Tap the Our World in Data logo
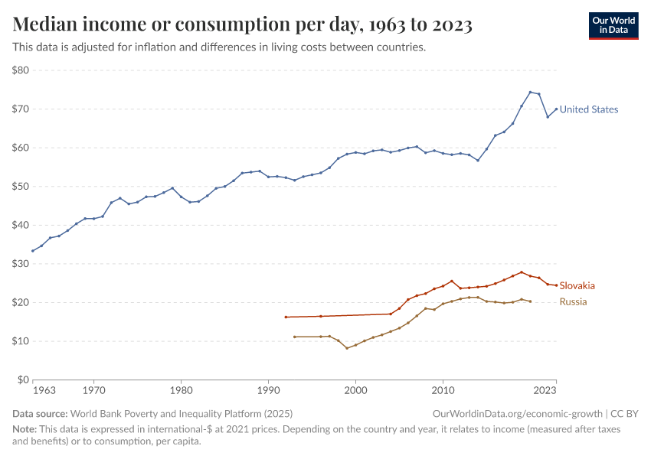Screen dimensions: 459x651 pos(613,25)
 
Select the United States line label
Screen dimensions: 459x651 pos(588,109)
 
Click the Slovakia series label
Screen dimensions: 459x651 pos(577,285)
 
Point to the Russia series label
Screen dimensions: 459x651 pos(573,301)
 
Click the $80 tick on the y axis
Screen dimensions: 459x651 pos(21,70)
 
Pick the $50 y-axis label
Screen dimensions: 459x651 pos(21,187)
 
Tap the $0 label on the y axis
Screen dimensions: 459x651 pos(23,379)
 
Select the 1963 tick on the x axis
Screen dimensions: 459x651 pos(44,391)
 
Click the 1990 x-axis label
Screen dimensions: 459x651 pos(268,391)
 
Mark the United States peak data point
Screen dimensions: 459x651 pos(530,92)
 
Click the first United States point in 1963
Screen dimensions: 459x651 pos(33,251)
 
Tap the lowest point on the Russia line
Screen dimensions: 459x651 pos(347,348)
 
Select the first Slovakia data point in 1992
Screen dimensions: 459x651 pos(286,317)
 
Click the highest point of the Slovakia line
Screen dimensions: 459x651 pos(522,272)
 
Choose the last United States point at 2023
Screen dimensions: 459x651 pos(556,109)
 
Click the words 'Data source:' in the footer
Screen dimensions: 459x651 pos(40,413)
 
